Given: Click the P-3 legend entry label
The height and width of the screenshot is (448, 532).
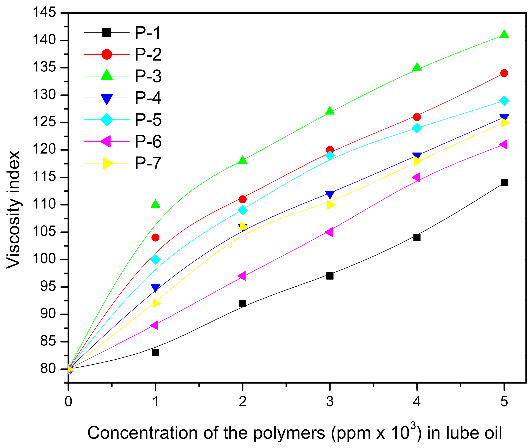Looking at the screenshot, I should tap(148, 76).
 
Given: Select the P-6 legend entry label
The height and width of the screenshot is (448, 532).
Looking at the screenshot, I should tap(148, 142).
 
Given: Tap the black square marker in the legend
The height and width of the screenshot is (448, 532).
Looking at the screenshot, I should tap(107, 33).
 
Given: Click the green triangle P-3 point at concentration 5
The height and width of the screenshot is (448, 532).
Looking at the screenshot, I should tap(504, 35).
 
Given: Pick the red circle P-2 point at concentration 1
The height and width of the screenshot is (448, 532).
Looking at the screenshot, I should tap(155, 237).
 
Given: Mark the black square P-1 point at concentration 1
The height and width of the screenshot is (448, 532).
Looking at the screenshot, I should tap(155, 353).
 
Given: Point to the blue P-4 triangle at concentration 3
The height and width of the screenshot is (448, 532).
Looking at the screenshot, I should tap(330, 194).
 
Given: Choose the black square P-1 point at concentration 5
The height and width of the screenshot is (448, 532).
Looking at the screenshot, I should tap(504, 183).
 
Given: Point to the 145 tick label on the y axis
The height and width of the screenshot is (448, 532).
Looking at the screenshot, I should tap(44, 12).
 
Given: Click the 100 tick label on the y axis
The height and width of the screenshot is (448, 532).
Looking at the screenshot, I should tap(44, 259).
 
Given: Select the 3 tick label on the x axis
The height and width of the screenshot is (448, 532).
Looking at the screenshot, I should tap(330, 402).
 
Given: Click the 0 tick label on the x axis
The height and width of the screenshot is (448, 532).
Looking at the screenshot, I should tap(68, 402).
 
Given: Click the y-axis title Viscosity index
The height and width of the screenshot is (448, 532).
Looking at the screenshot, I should tap(13, 210).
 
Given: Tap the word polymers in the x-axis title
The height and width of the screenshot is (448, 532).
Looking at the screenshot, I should tap(289, 433).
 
